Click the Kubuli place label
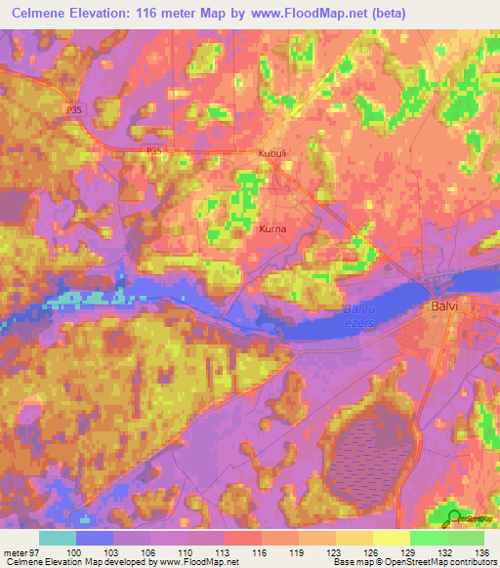coord(273,153)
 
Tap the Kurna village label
coord(272,229)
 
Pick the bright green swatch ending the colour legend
coord(466,538)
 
